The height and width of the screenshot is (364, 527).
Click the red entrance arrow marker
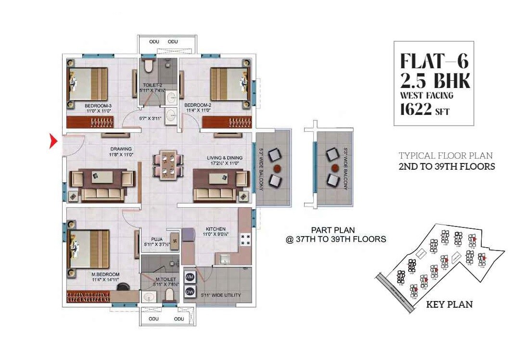pyautogui.click(x=53, y=142)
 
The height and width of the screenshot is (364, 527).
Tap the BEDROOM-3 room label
pyautogui.click(x=98, y=106)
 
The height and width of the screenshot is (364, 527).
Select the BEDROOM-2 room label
pyautogui.click(x=197, y=105)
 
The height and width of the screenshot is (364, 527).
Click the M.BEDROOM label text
pyautogui.click(x=105, y=275)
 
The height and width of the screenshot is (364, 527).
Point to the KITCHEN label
pyautogui.click(x=215, y=229)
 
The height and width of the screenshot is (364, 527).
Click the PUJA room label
pyautogui.click(x=156, y=238)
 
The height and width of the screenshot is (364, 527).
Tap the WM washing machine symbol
pyautogui.click(x=189, y=277)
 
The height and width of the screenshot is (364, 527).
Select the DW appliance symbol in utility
pyautogui.click(x=189, y=291)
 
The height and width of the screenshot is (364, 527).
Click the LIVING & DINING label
pyautogui.click(x=225, y=158)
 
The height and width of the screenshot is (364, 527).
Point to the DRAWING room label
pyautogui.click(x=120, y=149)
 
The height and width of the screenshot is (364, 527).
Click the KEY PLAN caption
pyautogui.click(x=449, y=304)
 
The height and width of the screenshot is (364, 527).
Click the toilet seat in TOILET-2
pyautogui.click(x=148, y=66)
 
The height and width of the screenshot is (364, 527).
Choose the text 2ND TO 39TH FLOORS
pyautogui.click(x=447, y=167)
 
